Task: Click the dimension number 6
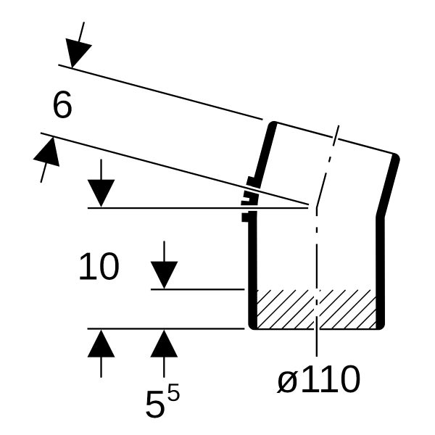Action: coord(62,105)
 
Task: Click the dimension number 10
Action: coord(99,266)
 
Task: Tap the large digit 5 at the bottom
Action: coord(155,404)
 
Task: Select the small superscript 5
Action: coord(174,391)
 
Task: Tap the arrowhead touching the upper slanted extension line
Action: coord(77,52)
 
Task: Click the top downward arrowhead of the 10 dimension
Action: coord(101,193)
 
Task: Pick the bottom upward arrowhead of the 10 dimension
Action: coord(101,343)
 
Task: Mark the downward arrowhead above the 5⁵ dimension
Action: coord(164,275)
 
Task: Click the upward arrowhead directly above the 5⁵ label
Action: coord(164,343)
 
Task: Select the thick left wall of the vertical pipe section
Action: coord(252,270)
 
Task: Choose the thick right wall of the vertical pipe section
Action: coord(381,272)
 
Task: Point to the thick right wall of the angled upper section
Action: coord(388,185)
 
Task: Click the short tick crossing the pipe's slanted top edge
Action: coord(336,136)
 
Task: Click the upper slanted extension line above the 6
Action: coord(160,92)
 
